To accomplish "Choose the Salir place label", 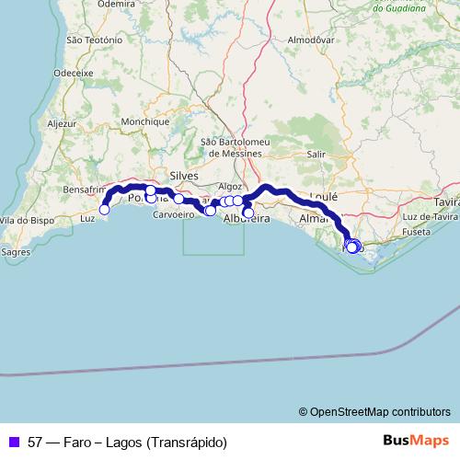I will [x=316, y=155].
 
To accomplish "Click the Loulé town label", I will [x=324, y=196].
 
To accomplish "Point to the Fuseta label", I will [x=415, y=233].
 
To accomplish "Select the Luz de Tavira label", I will [x=429, y=216].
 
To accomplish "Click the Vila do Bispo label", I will [x=22, y=221].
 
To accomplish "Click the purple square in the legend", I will [x=14, y=442].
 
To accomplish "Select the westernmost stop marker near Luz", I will [x=104, y=210].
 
